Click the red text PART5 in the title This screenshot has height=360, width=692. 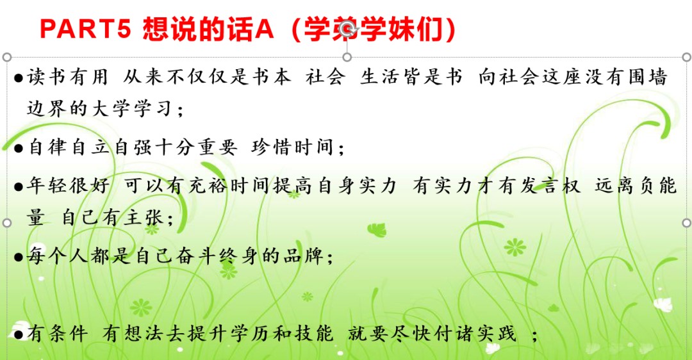(86, 29)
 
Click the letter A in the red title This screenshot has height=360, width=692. (265, 29)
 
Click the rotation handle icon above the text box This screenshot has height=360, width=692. (348, 31)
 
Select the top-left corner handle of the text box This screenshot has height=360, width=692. (6, 58)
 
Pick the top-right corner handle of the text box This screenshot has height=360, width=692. (686, 58)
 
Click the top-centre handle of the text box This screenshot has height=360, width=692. (347, 58)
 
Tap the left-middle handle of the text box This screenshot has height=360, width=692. (6, 223)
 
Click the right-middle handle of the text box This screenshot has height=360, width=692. (686, 223)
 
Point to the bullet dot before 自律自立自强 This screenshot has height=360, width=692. (19, 148)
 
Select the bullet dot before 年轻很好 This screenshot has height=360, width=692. (19, 186)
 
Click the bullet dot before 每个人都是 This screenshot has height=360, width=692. (19, 256)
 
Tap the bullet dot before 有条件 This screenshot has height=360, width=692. (19, 334)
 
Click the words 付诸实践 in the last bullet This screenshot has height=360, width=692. (474, 333)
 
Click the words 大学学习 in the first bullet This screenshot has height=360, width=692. (131, 108)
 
